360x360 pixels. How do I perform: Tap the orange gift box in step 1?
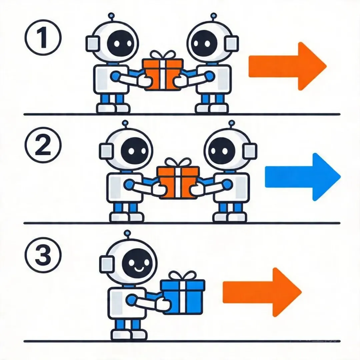click(x=162, y=74)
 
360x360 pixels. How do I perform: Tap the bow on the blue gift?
click(x=182, y=276)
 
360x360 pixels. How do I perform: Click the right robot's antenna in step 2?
click(x=230, y=124)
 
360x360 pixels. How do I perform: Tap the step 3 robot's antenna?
click(x=126, y=233)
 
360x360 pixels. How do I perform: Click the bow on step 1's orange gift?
click(x=162, y=55)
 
